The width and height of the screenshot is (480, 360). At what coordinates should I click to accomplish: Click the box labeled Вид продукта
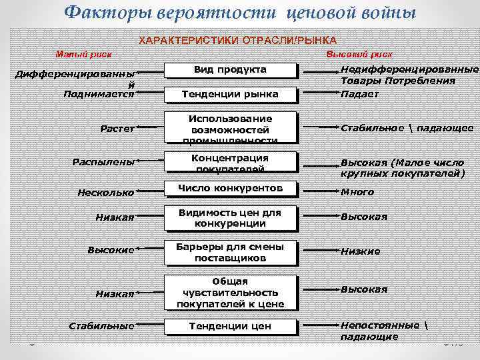click(230, 70)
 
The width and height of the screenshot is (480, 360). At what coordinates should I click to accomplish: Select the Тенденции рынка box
click(230, 95)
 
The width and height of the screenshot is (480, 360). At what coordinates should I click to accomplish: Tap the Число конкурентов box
click(230, 189)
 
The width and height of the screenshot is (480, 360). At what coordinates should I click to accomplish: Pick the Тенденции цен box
click(230, 326)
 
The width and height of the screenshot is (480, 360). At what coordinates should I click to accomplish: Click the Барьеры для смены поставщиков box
click(230, 251)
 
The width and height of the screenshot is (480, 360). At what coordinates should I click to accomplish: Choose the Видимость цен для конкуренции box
click(230, 217)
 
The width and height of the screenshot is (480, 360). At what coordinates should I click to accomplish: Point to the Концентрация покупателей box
click(230, 163)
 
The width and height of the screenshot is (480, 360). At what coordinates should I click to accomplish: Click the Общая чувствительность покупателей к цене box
click(230, 293)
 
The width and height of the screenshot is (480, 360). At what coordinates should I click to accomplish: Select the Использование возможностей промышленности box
click(230, 128)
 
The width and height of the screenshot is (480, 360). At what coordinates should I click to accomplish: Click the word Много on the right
click(357, 193)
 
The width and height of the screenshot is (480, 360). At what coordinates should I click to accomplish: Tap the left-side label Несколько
click(105, 193)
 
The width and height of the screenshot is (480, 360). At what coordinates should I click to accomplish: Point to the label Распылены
click(104, 161)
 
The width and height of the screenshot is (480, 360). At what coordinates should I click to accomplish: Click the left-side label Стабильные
click(101, 327)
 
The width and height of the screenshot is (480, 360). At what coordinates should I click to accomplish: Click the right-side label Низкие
click(360, 251)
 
